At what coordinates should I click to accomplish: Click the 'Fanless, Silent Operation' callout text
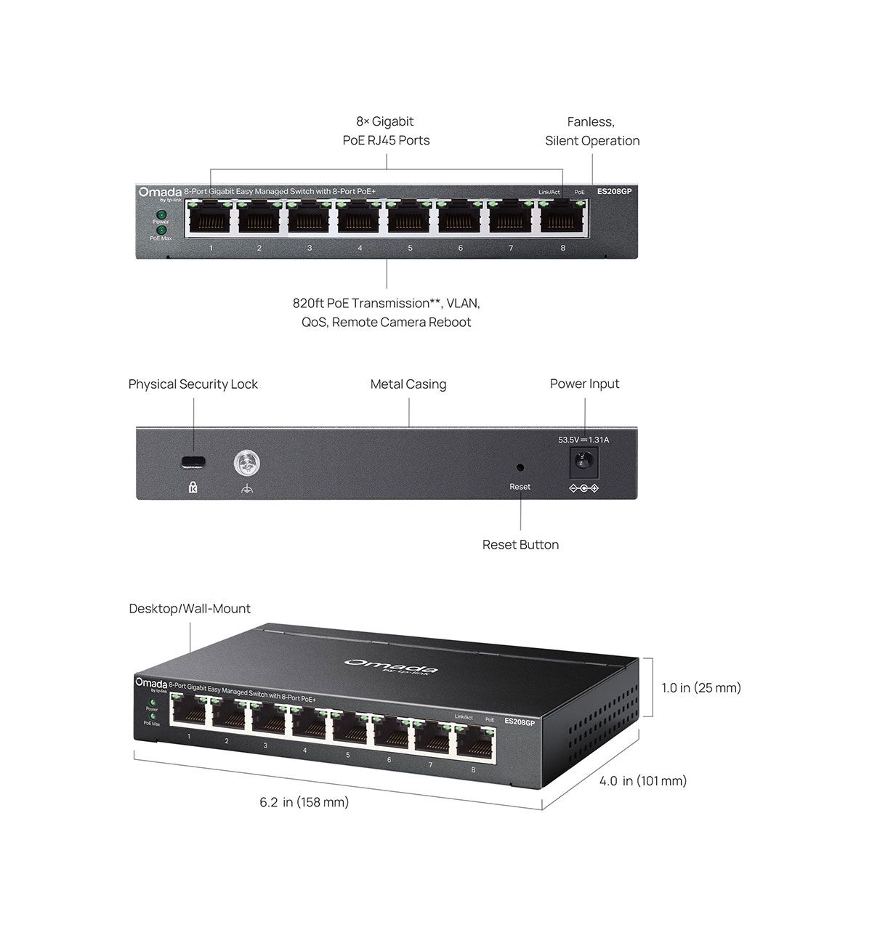(x=592, y=132)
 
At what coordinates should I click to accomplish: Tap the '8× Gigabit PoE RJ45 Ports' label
(x=386, y=131)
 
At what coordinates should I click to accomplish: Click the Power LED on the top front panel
(x=161, y=215)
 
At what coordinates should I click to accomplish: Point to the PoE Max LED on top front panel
(x=161, y=230)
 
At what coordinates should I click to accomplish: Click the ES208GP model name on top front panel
(x=614, y=192)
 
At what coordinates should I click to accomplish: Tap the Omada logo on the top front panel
(x=160, y=192)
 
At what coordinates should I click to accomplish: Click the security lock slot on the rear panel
(x=193, y=461)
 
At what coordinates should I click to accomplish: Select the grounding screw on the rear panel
(x=247, y=462)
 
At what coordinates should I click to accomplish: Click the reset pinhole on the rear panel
(x=520, y=468)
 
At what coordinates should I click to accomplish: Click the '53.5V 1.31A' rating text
(x=584, y=440)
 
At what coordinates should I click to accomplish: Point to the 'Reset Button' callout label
(x=520, y=545)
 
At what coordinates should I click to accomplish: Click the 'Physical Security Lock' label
(x=193, y=384)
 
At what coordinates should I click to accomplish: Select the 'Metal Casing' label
(x=408, y=384)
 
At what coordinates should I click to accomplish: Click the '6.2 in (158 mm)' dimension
(x=304, y=802)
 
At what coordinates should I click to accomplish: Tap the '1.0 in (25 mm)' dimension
(x=701, y=687)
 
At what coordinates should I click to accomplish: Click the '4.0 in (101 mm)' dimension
(x=643, y=781)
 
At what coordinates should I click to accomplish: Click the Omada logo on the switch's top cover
(x=391, y=666)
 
